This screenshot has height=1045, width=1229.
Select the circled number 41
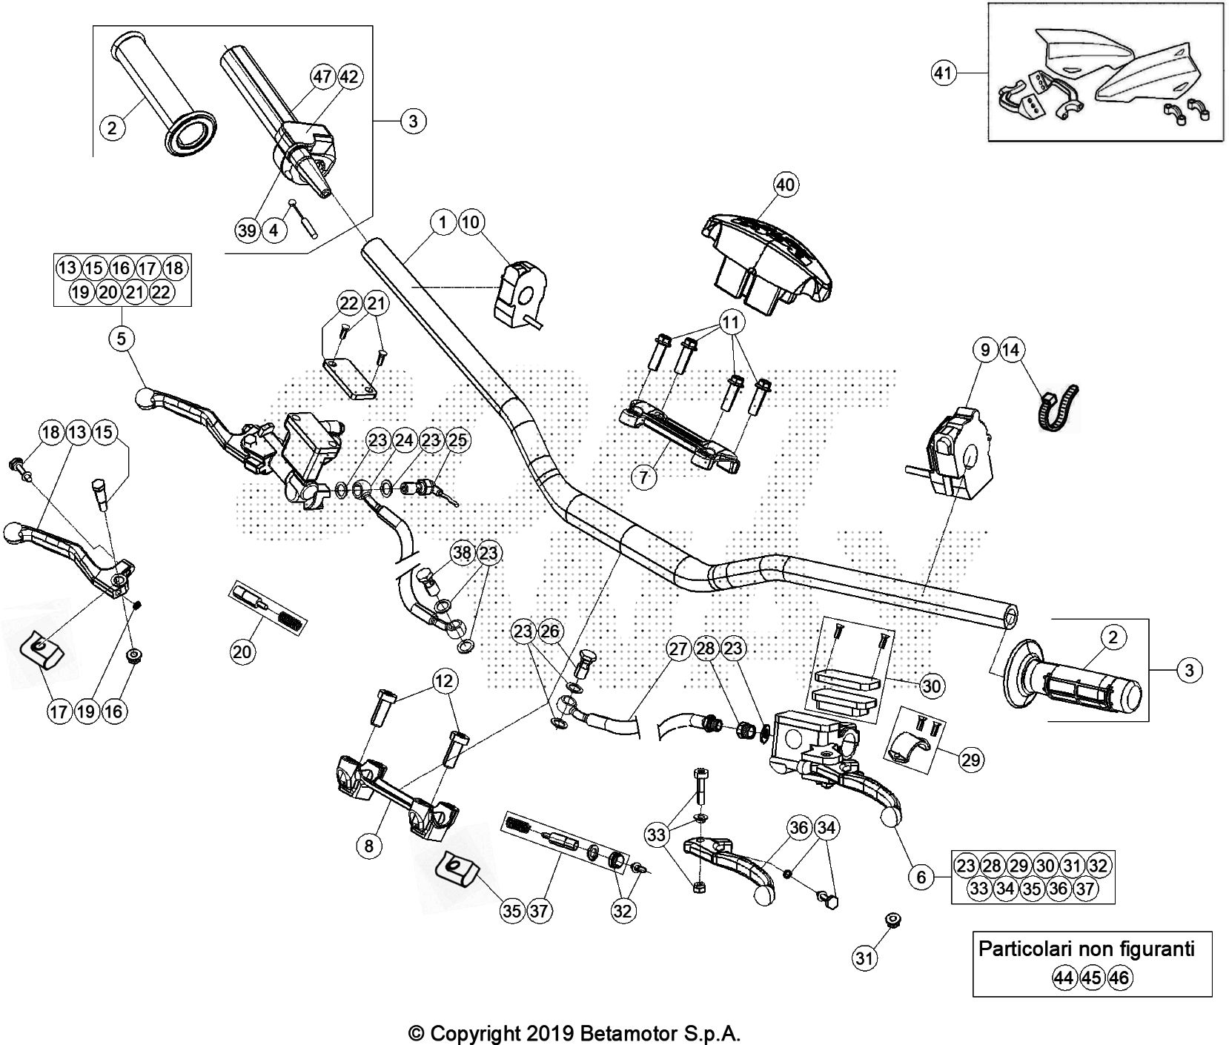pyautogui.click(x=943, y=73)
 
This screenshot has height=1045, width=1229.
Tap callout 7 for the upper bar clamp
pyautogui.click(x=644, y=477)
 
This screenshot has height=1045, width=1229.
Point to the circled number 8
pyautogui.click(x=369, y=845)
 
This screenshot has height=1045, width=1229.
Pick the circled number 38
pyautogui.click(x=463, y=552)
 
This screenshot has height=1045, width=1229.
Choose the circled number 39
pyautogui.click(x=248, y=230)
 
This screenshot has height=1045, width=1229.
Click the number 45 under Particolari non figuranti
pyautogui.click(x=1091, y=978)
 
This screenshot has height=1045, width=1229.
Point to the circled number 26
pyautogui.click(x=550, y=631)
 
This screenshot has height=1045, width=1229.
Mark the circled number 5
pyautogui.click(x=122, y=339)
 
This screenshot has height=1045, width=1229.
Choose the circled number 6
pyautogui.click(x=921, y=878)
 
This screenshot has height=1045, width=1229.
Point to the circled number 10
pyautogui.click(x=471, y=222)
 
